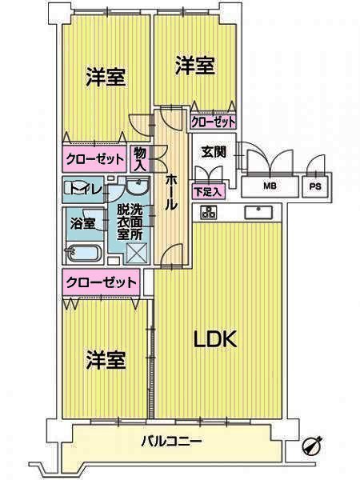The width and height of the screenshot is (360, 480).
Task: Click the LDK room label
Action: point(215,339)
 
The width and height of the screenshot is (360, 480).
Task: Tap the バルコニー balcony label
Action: point(171,442)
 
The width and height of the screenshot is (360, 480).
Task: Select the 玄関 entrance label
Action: point(214,152)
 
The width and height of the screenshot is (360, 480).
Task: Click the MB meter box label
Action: point(270,186)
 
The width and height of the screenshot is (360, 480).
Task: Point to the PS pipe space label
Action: point(315,186)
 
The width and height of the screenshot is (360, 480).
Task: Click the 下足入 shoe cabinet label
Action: point(208,192)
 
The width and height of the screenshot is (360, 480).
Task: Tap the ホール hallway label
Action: point(171,192)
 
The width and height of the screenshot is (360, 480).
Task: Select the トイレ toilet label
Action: point(83,190)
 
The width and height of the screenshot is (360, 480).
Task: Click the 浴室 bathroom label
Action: point(82,223)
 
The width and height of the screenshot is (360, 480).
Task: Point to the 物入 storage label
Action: point(140,158)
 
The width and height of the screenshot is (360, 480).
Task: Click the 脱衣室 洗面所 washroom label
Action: point(130,222)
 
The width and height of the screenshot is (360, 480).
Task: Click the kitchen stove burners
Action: point(209,212)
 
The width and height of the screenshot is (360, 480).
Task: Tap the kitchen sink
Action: point(258,213)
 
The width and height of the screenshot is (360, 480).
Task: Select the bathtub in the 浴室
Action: point(82,253)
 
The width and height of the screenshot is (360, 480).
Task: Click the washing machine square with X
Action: point(137,253)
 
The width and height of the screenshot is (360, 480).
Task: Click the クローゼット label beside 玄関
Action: point(213,122)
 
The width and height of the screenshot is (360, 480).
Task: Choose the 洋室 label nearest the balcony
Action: point(106,359)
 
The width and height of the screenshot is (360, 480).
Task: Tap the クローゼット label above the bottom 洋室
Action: point(101,282)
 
